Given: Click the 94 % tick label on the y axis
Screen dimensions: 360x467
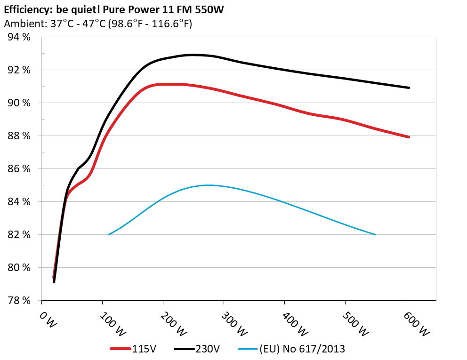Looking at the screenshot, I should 19,37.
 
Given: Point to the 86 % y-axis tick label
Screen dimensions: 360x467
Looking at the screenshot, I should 19,168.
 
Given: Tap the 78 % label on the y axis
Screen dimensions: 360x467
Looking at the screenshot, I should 19,300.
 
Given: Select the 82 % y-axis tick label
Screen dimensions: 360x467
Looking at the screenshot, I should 19,234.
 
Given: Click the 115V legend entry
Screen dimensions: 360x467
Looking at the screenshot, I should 144,349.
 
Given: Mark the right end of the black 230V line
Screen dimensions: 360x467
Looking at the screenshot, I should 409,88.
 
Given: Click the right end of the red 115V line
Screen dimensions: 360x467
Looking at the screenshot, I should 409,137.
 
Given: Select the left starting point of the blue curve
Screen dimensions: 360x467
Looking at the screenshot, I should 109,234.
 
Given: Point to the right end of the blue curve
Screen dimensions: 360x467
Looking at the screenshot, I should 375,234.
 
